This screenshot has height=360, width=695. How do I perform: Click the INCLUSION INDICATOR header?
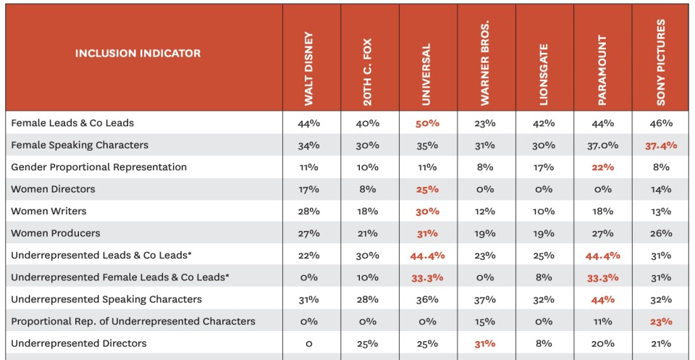point(138,53)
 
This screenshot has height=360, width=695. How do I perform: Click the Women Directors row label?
point(53,189)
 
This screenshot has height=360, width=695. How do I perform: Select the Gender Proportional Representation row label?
point(98,167)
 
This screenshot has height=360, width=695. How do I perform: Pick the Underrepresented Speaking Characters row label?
point(106,299)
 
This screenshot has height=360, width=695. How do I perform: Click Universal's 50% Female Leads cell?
point(427,123)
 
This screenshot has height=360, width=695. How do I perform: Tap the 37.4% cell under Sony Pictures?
point(660,146)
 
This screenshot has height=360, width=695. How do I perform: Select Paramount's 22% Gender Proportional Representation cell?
point(602,167)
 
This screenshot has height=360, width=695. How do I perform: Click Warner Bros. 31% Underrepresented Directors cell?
point(485,343)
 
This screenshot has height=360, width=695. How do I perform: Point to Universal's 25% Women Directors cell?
point(427,189)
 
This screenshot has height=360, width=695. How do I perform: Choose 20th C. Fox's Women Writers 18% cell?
point(367,212)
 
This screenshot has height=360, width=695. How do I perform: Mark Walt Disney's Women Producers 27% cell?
point(308,233)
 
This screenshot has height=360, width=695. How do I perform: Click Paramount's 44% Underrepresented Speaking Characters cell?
point(602,299)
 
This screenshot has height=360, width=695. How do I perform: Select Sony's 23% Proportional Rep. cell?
point(660,322)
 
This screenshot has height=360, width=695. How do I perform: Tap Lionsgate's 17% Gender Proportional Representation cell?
point(544,167)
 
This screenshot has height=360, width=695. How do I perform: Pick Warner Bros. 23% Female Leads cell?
point(485,123)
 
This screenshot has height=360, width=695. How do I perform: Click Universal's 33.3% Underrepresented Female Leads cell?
point(427,277)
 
